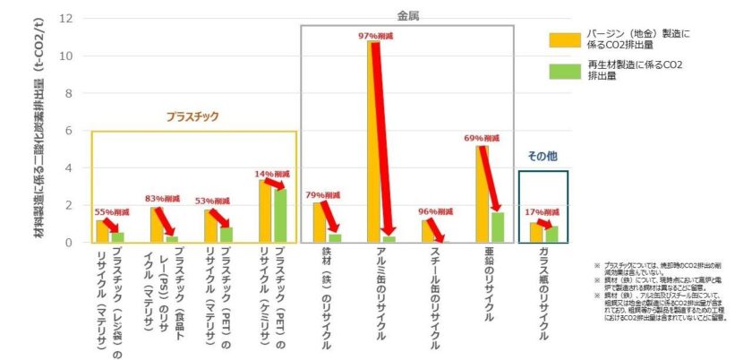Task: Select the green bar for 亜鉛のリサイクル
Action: click(498, 227)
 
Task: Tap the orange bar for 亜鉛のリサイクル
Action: click(483, 193)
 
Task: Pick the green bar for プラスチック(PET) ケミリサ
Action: click(280, 216)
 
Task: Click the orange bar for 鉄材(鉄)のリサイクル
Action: click(320, 222)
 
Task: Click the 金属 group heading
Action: click(408, 16)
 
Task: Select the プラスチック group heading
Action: click(192, 116)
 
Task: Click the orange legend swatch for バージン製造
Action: click(562, 38)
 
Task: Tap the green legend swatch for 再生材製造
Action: click(562, 70)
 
